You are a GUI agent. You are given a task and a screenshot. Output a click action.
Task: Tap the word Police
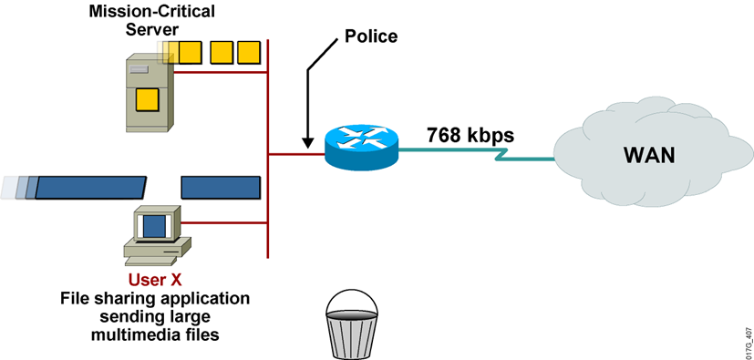tap(371, 36)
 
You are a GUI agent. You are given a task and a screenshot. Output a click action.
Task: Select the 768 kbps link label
tap(470, 136)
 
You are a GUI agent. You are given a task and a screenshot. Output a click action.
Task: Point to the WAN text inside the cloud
tap(648, 154)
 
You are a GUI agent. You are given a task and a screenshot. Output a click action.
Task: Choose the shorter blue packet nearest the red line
tap(218, 188)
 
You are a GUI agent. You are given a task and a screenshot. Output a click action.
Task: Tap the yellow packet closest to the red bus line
tap(248, 53)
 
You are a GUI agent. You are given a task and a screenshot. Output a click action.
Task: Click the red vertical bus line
tap(268, 155)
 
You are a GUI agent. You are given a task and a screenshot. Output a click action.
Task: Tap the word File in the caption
tap(76, 299)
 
